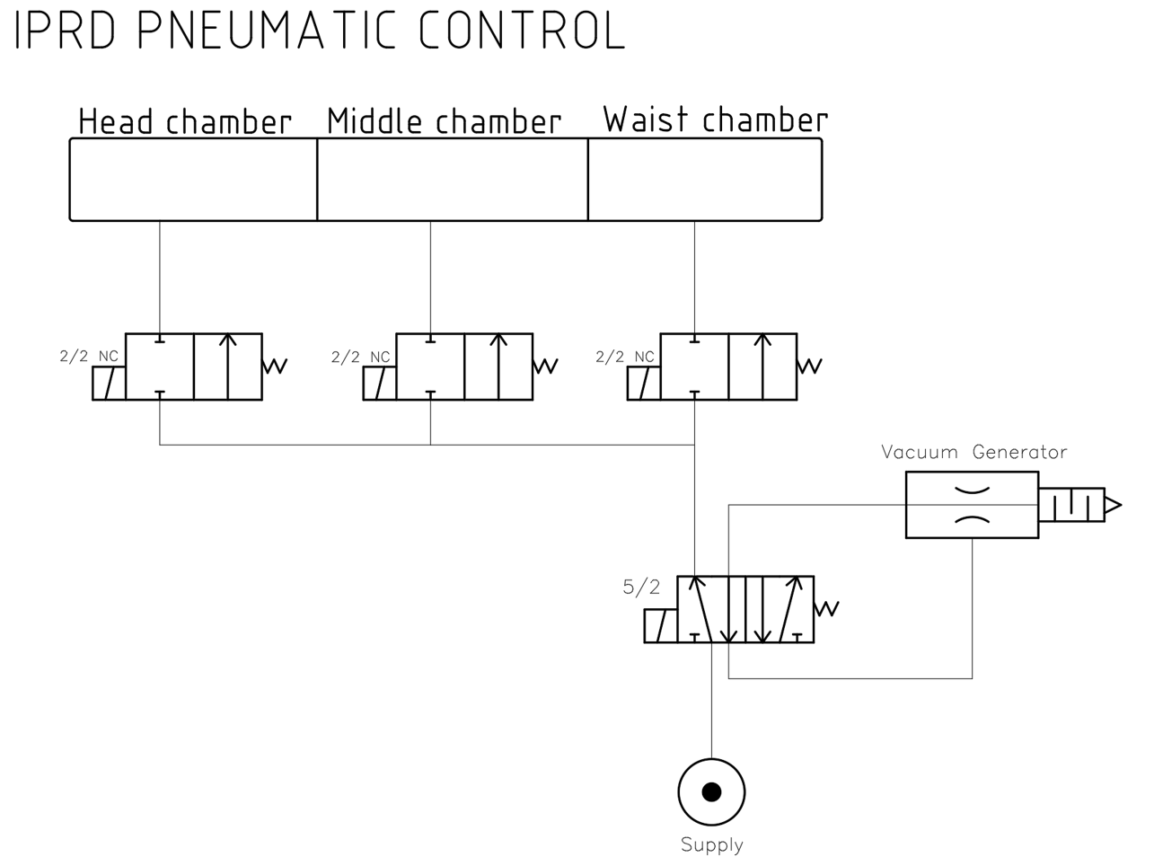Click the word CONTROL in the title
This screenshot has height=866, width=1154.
coord(522,30)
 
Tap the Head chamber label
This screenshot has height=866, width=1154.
coord(185,121)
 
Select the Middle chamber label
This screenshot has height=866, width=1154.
coord(444,121)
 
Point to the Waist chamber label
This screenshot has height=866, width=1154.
coord(715,119)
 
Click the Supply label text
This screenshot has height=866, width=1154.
coord(712,845)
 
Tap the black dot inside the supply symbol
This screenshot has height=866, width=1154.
coord(712,791)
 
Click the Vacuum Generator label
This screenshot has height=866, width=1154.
coord(973,452)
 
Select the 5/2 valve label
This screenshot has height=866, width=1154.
coord(641,588)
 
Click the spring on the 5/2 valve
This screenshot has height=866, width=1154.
coord(827,608)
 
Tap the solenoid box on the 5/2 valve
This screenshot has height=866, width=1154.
coord(660,626)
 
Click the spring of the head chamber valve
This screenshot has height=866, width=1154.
coord(275,366)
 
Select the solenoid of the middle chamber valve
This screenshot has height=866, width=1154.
coord(379,384)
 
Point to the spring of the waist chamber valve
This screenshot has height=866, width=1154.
coord(809,366)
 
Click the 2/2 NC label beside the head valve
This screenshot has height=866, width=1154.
coord(89,357)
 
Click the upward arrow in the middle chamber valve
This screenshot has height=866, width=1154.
coord(499,366)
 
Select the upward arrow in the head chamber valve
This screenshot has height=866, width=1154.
coord(228,366)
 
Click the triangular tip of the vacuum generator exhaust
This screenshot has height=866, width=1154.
coord(1113,506)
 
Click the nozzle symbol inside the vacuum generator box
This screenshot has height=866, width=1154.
coord(972,505)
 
